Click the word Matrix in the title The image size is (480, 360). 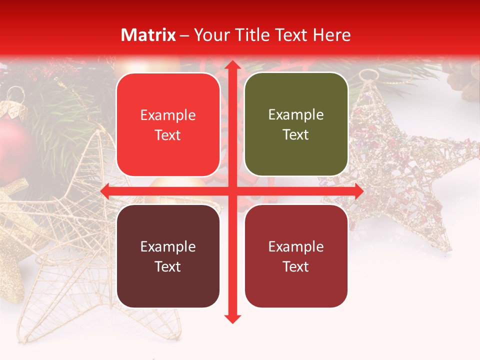tap(148, 35)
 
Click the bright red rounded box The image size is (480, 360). tap(168, 124)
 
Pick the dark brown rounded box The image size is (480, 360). tap(168, 256)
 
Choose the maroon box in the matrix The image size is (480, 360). tap(296, 256)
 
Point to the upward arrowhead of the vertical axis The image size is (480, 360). tap(232, 65)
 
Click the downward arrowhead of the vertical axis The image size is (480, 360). tap(232, 318)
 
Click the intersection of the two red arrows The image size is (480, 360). tap(232, 191)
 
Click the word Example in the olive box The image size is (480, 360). tap(296, 114)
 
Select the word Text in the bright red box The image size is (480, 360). tap(168, 135)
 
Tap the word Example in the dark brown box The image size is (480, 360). tap(168, 246)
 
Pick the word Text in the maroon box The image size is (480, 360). tap(296, 266)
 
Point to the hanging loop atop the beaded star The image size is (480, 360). tap(369, 75)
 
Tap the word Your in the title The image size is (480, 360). tap(210, 35)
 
